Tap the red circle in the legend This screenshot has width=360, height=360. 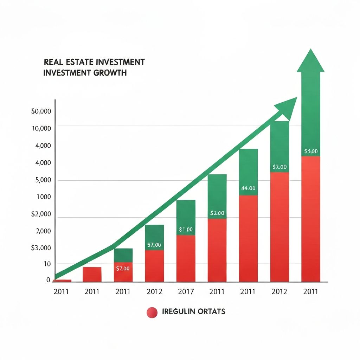click(152, 312)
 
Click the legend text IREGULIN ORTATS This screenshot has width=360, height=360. click(194, 311)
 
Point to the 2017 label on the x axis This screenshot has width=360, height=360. click(186, 292)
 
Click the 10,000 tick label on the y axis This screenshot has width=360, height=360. click(41, 128)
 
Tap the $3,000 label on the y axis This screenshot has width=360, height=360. click(41, 248)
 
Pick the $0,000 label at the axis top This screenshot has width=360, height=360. click(41, 111)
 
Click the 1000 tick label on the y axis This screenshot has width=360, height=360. click(43, 197)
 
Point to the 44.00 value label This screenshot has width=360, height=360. click(248, 188)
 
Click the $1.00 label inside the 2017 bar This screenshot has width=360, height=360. click(186, 230)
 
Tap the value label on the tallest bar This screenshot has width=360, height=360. click(311, 152)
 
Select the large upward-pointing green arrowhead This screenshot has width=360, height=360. click(310, 62)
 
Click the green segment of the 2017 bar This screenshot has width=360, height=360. click(186, 214)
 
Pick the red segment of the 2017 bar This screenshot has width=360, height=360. click(186, 260)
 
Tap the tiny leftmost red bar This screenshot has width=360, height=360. click(62, 281)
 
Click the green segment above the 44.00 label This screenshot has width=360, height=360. click(248, 167)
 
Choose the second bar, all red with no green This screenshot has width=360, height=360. click(92, 275)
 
